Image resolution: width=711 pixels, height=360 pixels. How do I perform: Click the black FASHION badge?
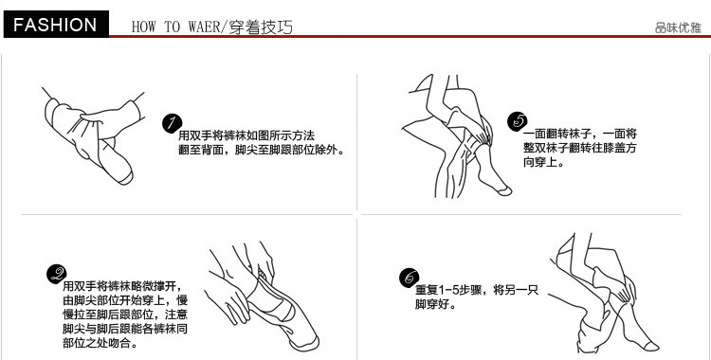[x=56, y=24]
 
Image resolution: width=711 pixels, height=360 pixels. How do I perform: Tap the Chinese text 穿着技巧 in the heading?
[x=261, y=27]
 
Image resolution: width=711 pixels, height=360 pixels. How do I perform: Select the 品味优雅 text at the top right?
[x=678, y=27]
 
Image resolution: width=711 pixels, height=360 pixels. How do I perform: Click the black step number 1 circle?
[x=172, y=124]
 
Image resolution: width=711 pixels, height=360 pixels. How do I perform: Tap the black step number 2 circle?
[x=57, y=275]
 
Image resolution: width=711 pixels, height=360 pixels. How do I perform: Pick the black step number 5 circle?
[x=518, y=121]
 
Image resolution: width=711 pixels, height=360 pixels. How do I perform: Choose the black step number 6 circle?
[x=409, y=277]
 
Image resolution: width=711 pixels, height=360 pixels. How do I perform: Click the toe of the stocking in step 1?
[x=125, y=177]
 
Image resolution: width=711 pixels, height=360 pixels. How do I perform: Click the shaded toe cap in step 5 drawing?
[x=503, y=191]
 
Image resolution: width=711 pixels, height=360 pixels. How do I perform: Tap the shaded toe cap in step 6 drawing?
[x=650, y=347]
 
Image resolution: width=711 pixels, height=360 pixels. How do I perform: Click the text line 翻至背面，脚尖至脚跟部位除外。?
[x=262, y=150]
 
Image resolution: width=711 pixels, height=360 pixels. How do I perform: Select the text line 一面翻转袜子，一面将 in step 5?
[x=580, y=134]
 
